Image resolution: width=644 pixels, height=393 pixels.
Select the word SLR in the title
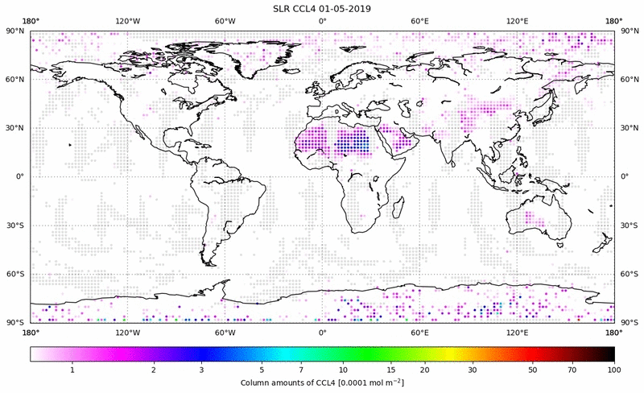coord(283,9)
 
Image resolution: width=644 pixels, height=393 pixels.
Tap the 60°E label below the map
coord(419,332)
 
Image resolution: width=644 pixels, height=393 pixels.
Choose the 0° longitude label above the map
coord(322,22)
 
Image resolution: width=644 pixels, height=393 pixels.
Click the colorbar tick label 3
coord(202,370)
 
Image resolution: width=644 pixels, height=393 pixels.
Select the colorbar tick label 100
coord(614,370)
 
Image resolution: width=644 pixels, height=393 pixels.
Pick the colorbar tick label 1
coord(72,370)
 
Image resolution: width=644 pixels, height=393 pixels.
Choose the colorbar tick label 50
coord(533,370)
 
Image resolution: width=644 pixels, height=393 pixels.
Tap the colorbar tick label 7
coord(301,370)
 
